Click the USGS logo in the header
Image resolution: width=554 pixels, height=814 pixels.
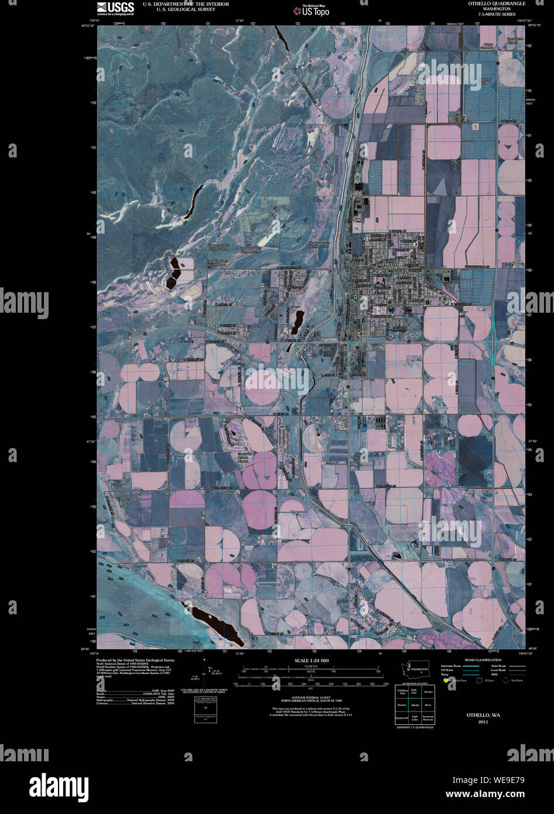[x=115, y=7]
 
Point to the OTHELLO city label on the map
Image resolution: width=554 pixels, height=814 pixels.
[x=389, y=265]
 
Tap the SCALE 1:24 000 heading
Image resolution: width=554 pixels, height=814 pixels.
[x=312, y=661]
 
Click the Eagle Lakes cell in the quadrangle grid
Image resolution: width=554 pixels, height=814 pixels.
[x=415, y=717]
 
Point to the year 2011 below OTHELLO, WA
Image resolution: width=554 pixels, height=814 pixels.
[x=483, y=721]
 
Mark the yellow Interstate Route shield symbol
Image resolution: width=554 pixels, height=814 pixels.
[x=446, y=680]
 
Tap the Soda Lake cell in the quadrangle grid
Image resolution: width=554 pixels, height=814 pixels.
[x=415, y=692]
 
